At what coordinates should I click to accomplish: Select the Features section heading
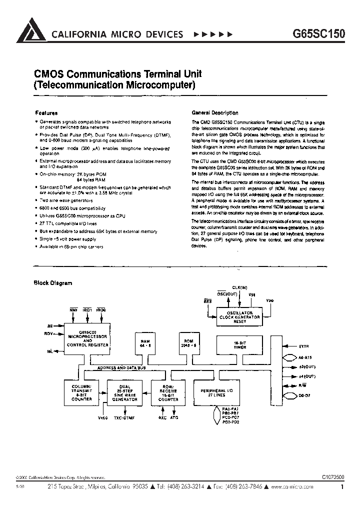coord(46,113)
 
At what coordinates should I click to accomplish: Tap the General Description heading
coord(215,113)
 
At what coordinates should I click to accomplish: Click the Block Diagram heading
coord(52,283)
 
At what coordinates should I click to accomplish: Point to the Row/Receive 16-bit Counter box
coord(167,393)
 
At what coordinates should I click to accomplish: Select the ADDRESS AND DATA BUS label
coord(121,367)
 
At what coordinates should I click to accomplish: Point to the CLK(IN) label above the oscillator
coord(239,288)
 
